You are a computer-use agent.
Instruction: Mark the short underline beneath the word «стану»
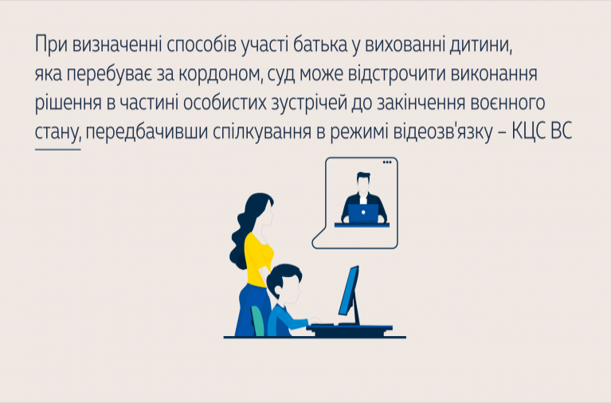[57, 149]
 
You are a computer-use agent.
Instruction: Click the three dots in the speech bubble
[387, 162]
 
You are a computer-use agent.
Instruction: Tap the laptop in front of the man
[363, 213]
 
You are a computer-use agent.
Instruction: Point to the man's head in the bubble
[363, 183]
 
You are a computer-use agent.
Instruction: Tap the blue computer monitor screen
[348, 291]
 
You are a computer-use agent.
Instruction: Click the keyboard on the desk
[320, 324]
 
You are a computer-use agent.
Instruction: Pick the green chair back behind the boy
[257, 321]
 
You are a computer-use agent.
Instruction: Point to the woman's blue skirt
[252, 311]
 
